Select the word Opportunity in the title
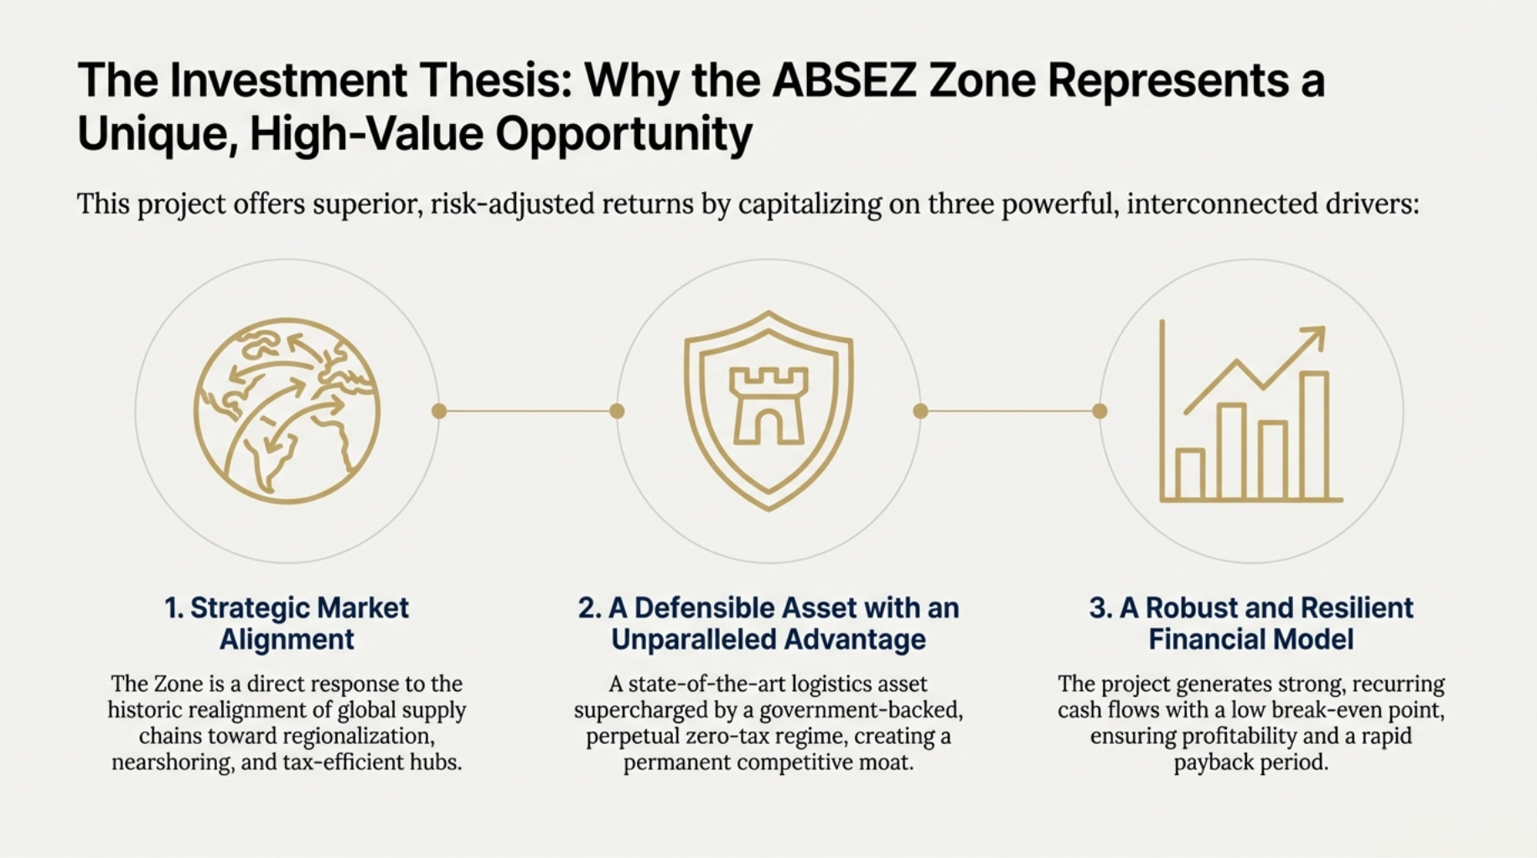tap(624, 134)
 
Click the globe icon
tap(287, 411)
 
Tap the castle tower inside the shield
tap(768, 406)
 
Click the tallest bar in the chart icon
tap(1314, 436)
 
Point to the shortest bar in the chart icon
tap(1190, 474)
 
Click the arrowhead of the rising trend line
tap(1313, 338)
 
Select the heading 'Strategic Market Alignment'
tap(287, 623)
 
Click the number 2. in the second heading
tap(589, 607)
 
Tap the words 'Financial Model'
tap(1250, 639)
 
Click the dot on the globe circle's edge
tap(438, 411)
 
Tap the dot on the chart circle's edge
tap(1100, 411)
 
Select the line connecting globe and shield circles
tap(528, 411)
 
